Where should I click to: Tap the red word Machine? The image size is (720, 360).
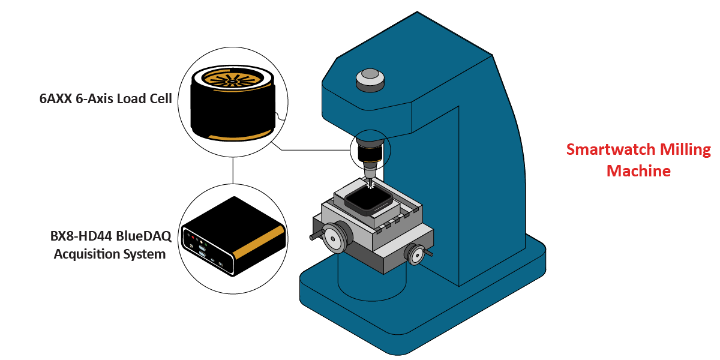(x=638, y=171)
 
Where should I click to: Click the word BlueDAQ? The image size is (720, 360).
(x=144, y=236)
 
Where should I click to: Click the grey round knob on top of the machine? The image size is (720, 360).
(x=370, y=77)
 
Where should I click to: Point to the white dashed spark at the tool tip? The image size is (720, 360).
(x=370, y=184)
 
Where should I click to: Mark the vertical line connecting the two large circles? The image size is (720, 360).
(x=233, y=171)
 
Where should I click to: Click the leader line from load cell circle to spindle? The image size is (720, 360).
(x=312, y=150)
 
